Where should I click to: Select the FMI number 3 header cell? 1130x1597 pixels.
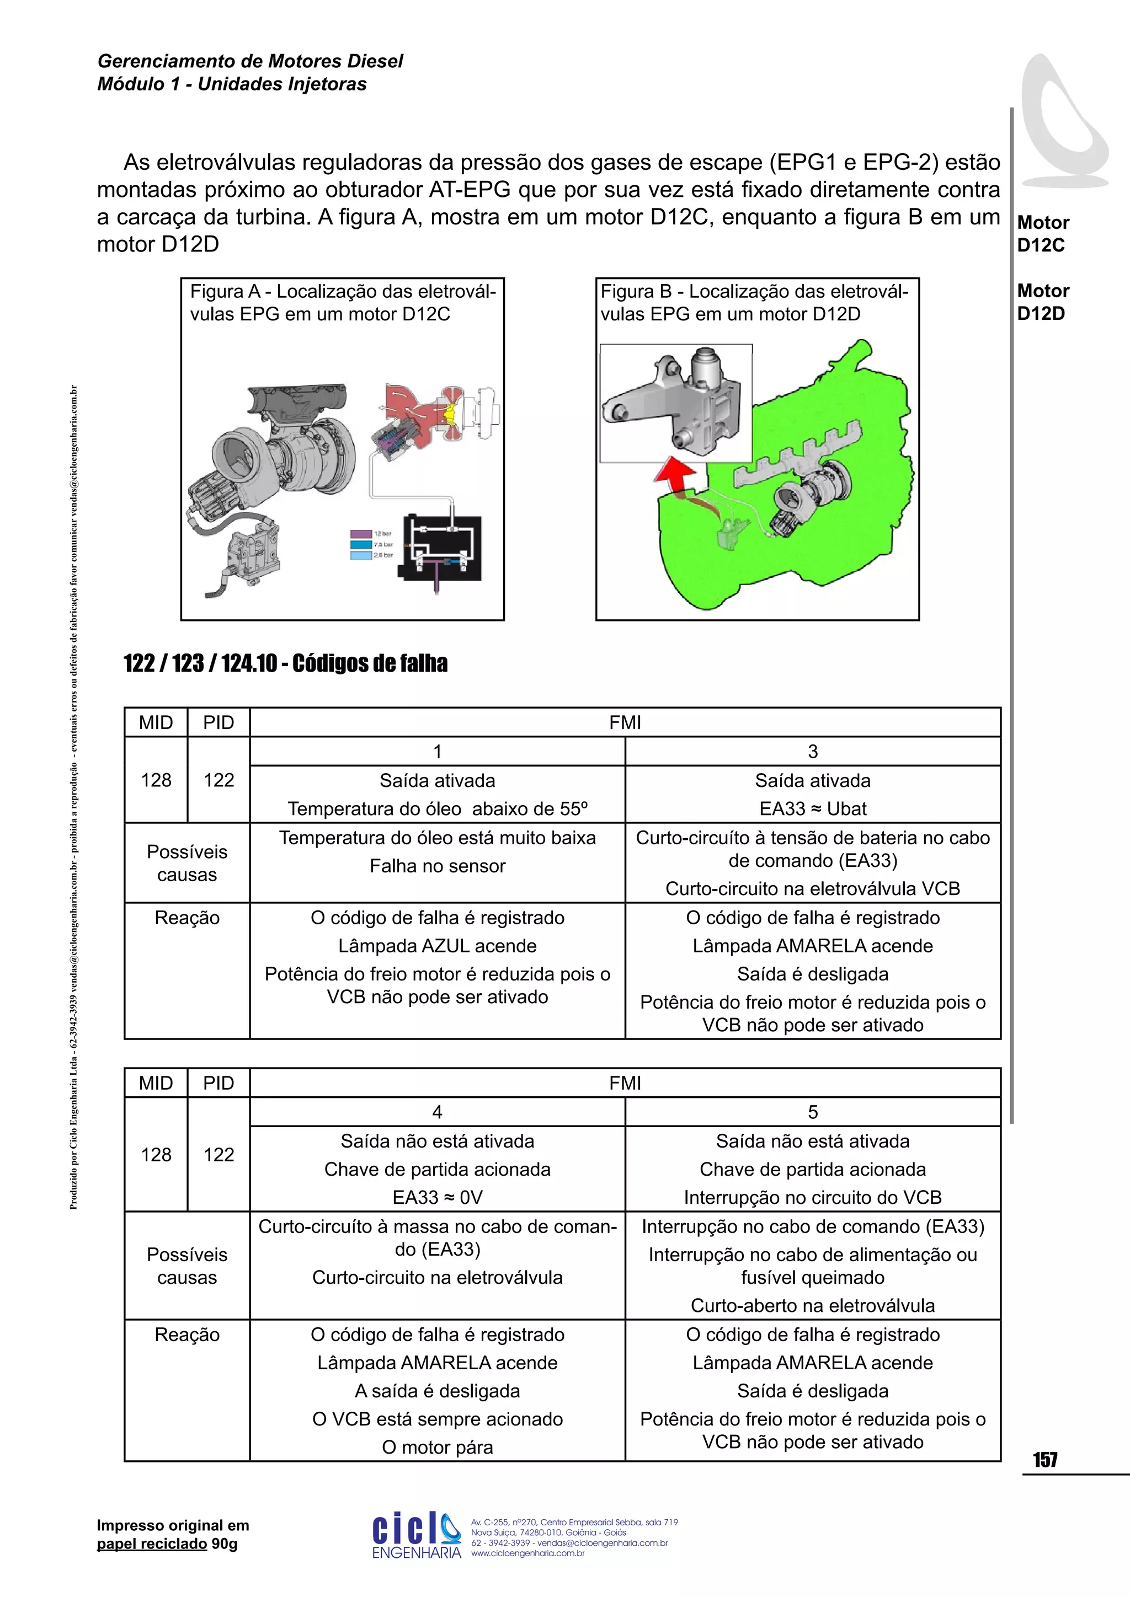tap(812, 751)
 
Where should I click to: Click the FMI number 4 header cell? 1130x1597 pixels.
tap(437, 1112)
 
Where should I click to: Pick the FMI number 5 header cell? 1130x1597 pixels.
tap(812, 1112)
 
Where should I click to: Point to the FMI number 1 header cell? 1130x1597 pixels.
tap(437, 751)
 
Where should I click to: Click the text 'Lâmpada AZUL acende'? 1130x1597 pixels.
tap(437, 946)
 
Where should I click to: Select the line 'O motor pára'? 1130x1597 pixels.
tap(437, 1448)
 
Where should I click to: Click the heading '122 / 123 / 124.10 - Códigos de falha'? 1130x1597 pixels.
tap(285, 663)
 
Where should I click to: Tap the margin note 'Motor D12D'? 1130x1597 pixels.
tap(1042, 302)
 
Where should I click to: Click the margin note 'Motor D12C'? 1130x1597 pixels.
tap(1042, 234)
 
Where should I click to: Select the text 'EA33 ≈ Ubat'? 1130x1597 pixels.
tap(812, 809)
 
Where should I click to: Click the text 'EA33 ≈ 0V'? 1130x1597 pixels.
tap(437, 1197)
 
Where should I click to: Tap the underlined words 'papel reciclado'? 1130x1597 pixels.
tap(152, 1544)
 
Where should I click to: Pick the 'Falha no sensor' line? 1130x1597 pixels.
tap(437, 866)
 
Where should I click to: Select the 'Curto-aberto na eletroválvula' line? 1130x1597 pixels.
tap(812, 1306)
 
